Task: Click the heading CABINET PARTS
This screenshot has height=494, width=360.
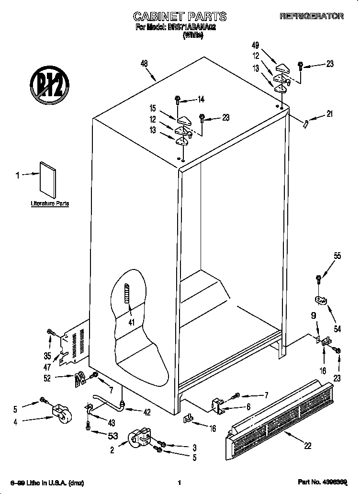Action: tap(179, 17)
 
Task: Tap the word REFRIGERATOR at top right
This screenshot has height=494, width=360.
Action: tap(311, 16)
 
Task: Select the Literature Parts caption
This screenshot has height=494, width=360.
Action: tap(50, 203)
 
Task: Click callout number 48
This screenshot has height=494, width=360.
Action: tap(144, 63)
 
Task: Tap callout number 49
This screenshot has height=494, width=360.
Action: tap(256, 45)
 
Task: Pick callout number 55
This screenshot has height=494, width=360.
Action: tap(337, 256)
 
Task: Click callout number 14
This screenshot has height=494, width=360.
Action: tap(201, 100)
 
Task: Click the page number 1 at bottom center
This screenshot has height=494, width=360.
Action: tap(179, 483)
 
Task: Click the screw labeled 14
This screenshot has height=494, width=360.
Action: tap(178, 100)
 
